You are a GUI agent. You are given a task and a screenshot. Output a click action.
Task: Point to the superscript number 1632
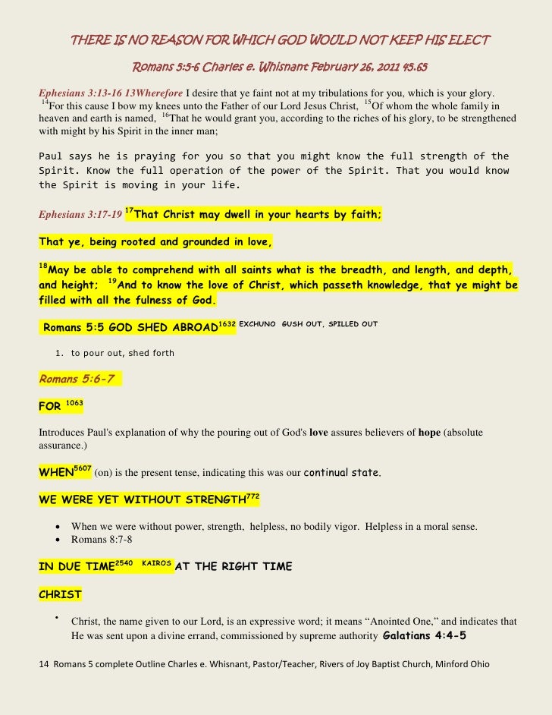227,324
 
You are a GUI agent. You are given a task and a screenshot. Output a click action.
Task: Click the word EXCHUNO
257,324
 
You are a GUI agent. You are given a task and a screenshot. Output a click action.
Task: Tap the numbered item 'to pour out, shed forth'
122,353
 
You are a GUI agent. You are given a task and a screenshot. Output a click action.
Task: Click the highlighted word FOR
49,406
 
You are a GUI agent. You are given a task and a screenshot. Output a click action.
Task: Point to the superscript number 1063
74,402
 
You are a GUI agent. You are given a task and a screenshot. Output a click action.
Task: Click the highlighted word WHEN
55,473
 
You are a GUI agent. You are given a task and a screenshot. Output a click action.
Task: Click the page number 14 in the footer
43,664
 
